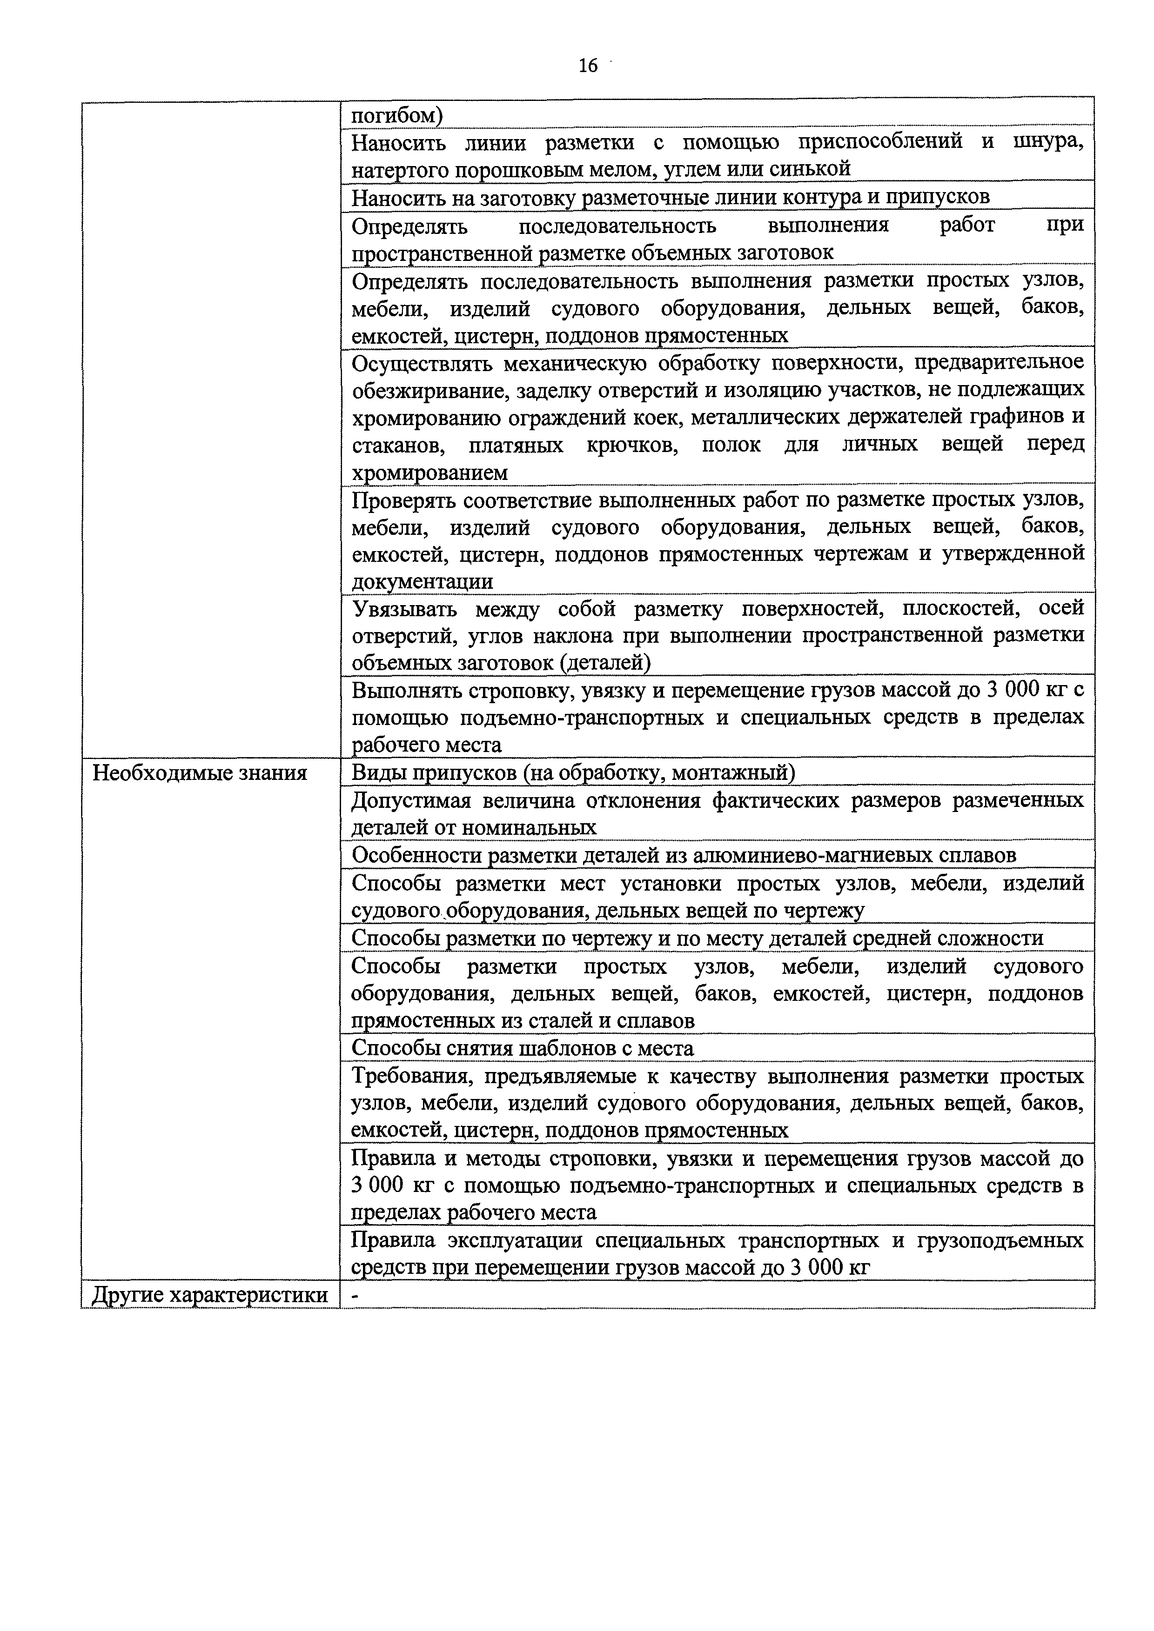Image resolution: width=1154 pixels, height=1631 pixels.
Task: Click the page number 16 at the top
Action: [x=588, y=66]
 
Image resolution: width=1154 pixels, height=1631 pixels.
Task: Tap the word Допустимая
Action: [x=411, y=800]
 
